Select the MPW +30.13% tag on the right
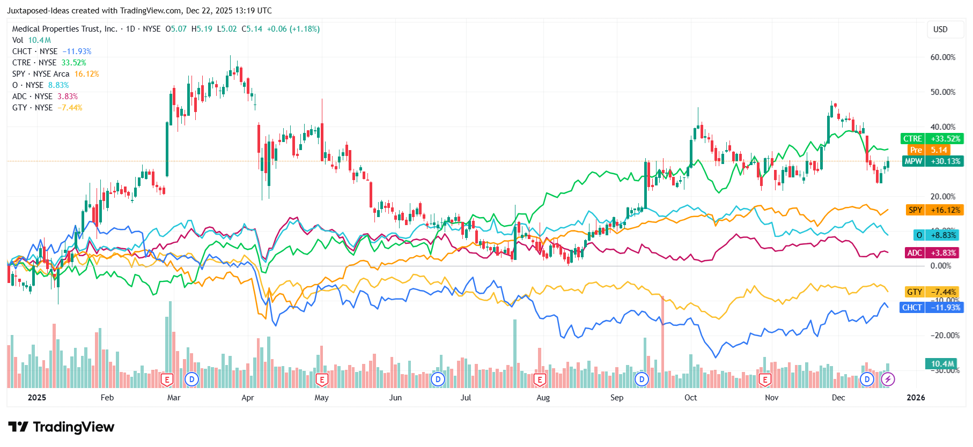point(932,161)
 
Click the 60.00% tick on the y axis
point(942,57)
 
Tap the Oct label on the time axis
point(690,398)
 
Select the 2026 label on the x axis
point(916,398)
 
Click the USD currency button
point(940,29)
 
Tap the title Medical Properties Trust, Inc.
point(64,29)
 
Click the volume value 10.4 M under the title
point(39,40)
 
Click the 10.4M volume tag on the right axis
point(942,364)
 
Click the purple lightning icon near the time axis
point(888,379)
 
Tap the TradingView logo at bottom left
point(61,427)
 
